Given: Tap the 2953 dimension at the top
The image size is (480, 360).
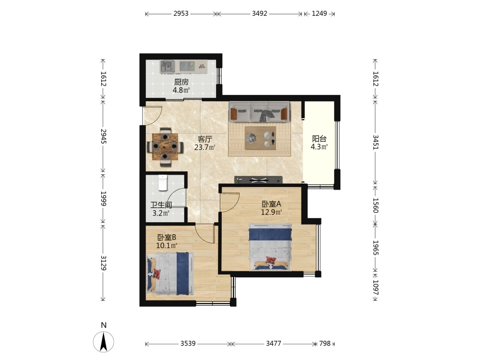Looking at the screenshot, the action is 181,13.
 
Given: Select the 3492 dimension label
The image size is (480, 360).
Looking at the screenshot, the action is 260,13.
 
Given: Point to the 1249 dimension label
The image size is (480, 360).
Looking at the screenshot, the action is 319,13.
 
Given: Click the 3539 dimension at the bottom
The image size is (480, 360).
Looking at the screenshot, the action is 188,344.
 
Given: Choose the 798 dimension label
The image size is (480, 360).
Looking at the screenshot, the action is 325,344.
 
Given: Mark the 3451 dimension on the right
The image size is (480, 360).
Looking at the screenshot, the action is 376,143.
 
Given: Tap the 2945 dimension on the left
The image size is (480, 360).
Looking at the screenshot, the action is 103,136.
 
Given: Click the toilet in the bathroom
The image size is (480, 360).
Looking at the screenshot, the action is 163,182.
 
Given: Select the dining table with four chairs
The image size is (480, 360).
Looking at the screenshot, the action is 165,146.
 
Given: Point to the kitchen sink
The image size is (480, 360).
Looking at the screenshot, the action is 167,66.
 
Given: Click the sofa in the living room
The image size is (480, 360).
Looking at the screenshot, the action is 259,112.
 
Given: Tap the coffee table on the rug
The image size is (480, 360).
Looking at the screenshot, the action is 261,138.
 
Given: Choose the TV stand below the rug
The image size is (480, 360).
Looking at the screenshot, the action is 258,180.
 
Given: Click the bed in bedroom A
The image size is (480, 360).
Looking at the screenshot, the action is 270,247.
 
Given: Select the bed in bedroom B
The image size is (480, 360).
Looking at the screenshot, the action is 170,274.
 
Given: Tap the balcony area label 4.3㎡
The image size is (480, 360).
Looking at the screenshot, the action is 319,147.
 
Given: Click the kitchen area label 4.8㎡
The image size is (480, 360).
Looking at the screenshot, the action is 181,90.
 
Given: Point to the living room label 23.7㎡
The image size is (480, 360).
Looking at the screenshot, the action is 205,147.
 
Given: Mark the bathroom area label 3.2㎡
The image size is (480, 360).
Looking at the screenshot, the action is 161,213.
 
